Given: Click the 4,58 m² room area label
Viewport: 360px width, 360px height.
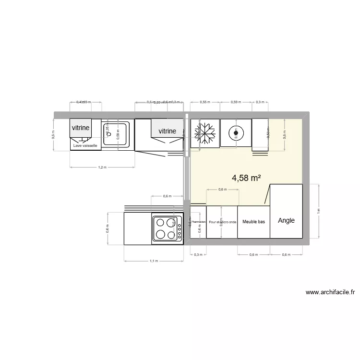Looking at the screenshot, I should (x=246, y=178).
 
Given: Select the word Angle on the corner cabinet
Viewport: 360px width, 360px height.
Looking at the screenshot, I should (x=286, y=221).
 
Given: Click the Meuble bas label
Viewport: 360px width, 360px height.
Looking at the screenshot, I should (x=253, y=222).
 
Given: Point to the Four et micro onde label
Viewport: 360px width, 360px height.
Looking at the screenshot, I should (x=223, y=222).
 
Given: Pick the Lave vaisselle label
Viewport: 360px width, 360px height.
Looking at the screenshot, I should (x=85, y=145).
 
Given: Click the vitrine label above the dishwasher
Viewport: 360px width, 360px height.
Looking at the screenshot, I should (x=80, y=128).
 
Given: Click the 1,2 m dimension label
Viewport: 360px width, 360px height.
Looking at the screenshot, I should (x=101, y=168).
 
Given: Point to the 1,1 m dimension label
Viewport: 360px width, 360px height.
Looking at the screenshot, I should (x=153, y=261).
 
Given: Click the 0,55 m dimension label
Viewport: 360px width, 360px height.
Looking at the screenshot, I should (x=204, y=102).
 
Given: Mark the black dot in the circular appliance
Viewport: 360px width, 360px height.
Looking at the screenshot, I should (x=235, y=133).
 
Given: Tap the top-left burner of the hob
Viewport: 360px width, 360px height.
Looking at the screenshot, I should (x=160, y=223).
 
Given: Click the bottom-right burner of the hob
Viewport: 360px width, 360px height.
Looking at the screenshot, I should (x=172, y=234).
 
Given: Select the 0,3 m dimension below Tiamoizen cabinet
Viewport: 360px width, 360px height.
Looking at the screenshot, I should (x=198, y=255).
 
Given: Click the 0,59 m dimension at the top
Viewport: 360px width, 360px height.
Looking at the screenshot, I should (x=235, y=102).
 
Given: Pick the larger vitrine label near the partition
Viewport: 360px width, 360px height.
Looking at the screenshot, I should (x=167, y=131).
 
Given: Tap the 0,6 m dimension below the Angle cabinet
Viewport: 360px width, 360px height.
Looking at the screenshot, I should (x=286, y=255).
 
